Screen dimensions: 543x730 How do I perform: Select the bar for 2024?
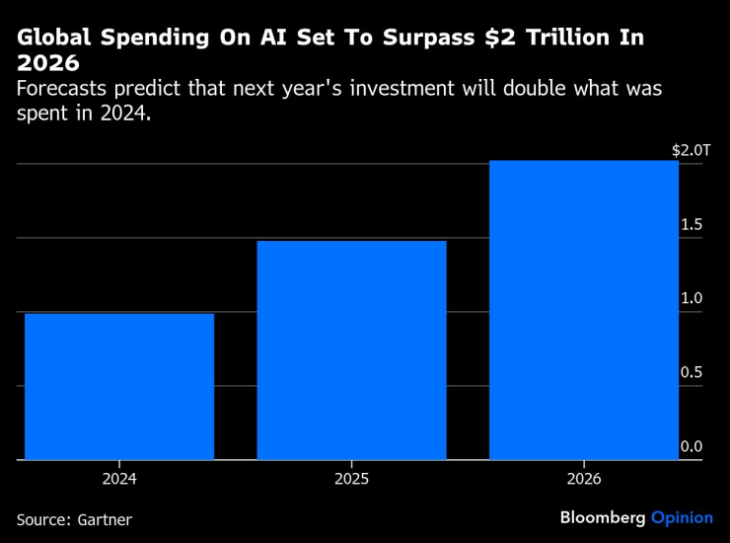click(119, 387)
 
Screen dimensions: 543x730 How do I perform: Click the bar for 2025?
click(351, 350)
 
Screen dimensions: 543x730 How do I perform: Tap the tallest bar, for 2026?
click(584, 310)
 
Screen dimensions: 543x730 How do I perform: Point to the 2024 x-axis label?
click(119, 479)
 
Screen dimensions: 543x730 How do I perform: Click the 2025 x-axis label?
click(351, 479)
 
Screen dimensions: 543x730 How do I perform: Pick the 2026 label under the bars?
click(584, 479)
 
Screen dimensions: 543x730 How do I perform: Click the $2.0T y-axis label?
click(691, 151)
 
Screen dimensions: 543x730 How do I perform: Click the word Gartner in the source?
click(104, 519)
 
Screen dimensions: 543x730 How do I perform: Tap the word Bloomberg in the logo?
click(602, 517)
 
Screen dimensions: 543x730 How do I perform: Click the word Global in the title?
click(49, 39)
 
